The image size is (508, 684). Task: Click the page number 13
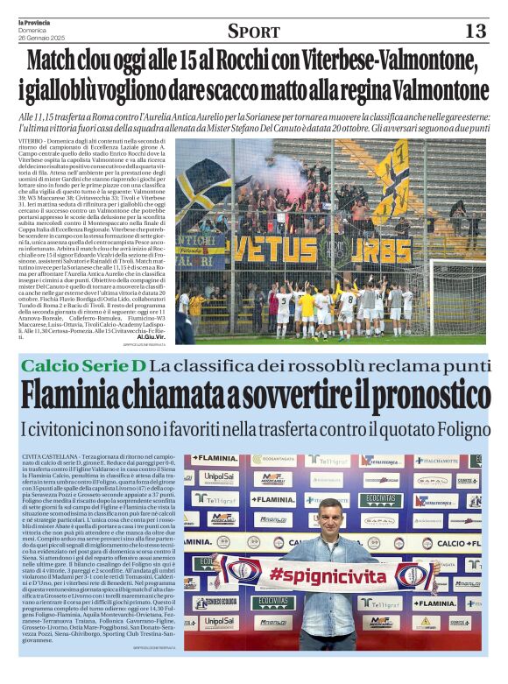tap(475, 31)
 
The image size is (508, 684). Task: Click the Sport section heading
tap(253, 32)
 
